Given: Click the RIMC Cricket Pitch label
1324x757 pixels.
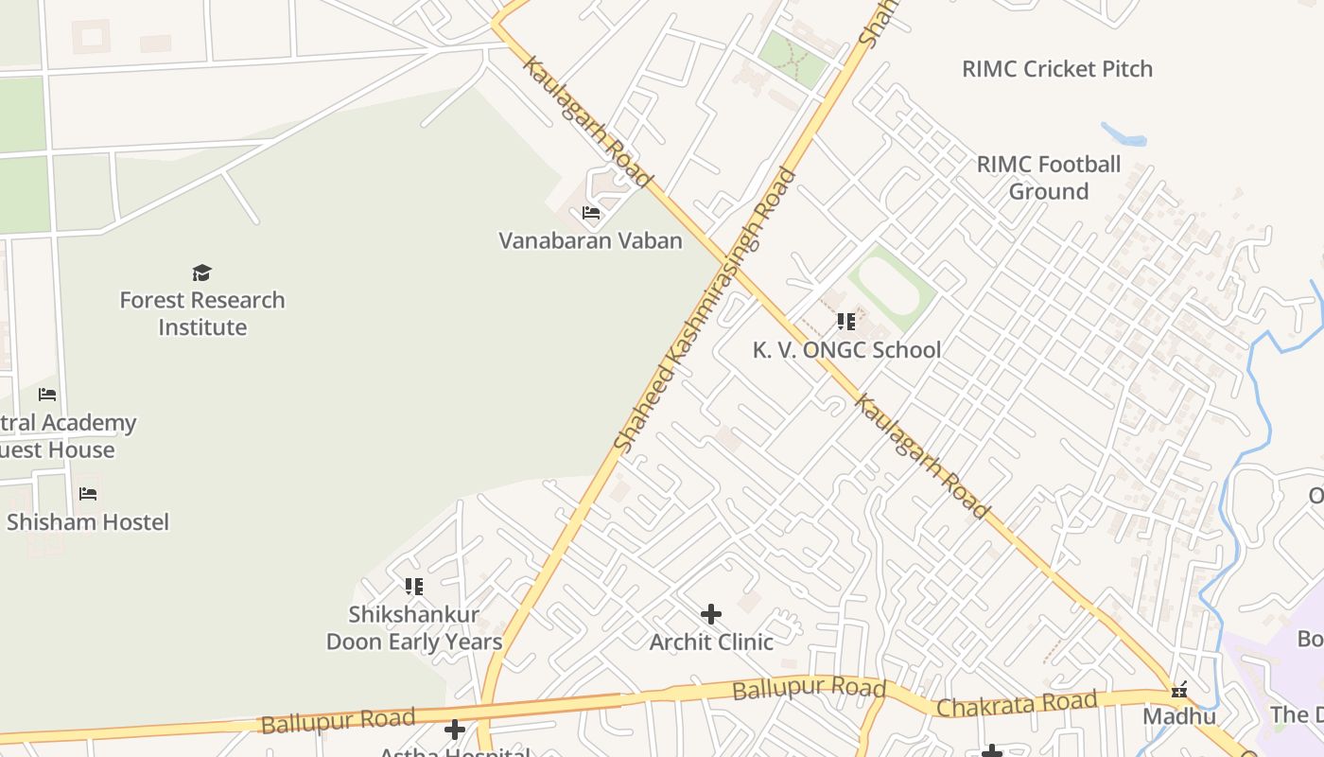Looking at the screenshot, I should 1057,69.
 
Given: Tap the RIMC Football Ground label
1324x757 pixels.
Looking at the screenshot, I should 1048,178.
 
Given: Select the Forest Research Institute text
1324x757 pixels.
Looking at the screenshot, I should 202,313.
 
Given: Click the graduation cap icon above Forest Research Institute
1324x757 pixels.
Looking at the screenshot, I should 201,273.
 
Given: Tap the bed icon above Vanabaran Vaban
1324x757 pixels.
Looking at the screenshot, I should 591,213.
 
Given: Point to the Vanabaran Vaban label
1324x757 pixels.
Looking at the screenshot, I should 590,240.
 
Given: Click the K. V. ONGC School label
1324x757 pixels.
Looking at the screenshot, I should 846,350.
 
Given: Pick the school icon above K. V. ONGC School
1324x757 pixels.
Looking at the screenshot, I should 845,322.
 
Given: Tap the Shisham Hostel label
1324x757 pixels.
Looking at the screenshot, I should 88,521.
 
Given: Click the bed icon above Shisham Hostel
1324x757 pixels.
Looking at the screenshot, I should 88,493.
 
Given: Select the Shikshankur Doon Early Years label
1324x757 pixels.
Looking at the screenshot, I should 414,627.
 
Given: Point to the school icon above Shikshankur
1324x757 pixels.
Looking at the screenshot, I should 413,587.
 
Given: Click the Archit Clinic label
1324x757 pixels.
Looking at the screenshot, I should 711,642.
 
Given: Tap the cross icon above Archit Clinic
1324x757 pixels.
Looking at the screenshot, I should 711,614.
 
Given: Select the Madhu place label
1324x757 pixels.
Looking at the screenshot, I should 1178,716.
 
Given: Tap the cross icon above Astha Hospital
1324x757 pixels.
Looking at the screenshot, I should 455,730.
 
